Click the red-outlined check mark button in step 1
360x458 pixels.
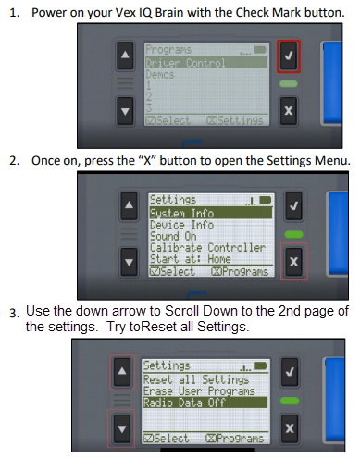click(x=289, y=56)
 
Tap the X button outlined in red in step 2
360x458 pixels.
click(x=294, y=262)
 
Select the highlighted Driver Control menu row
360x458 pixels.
click(x=206, y=63)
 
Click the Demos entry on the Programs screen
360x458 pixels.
click(x=160, y=74)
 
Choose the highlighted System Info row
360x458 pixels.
click(x=211, y=213)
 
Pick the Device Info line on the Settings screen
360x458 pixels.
click(x=181, y=225)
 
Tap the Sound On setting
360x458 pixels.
click(x=173, y=236)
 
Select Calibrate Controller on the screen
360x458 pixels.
click(x=207, y=248)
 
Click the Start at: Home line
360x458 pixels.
click(x=191, y=259)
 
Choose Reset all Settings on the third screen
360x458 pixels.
click(x=196, y=379)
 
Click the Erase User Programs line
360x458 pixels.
click(x=199, y=391)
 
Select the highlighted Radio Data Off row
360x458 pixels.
click(x=205, y=402)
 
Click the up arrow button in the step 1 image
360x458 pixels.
click(x=125, y=56)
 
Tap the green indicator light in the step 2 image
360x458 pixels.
click(x=294, y=234)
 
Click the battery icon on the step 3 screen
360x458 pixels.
click(x=261, y=366)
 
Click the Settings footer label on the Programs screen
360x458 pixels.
click(x=235, y=120)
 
